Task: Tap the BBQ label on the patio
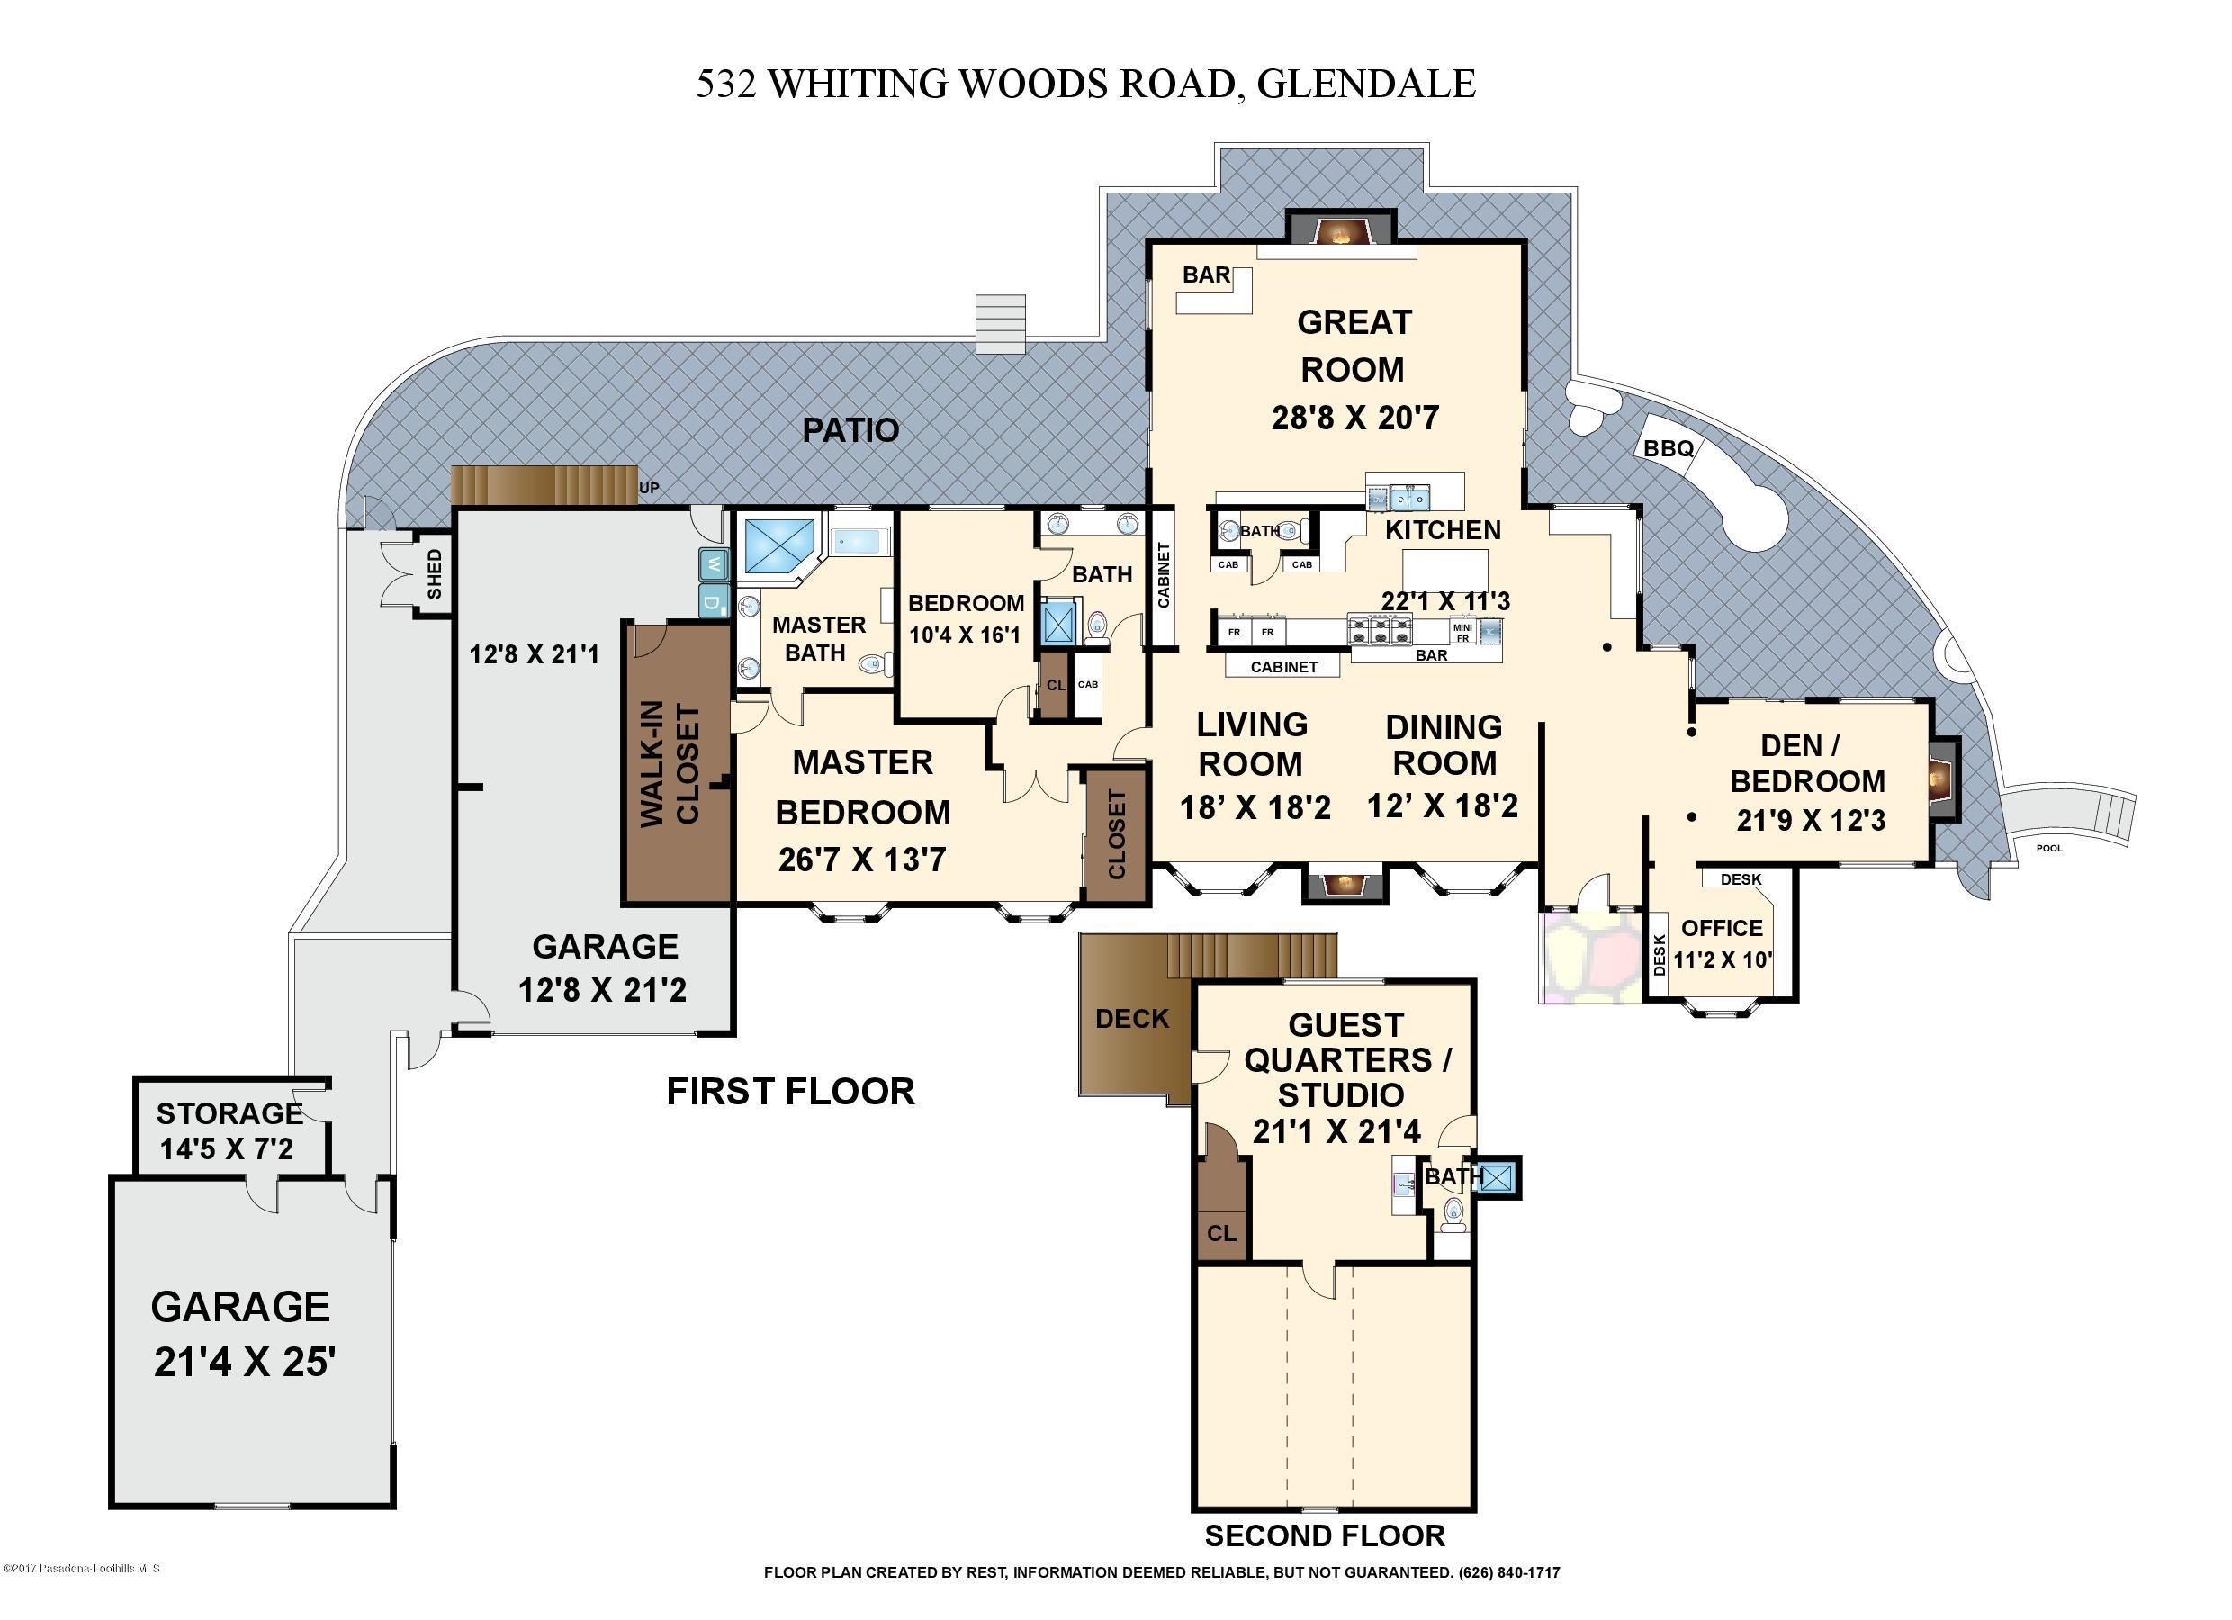[x=1669, y=449]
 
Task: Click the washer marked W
[x=714, y=565]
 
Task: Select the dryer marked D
[x=714, y=599]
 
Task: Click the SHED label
[x=434, y=575]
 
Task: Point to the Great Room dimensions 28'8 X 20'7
[x=1355, y=418]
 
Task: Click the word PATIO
[x=850, y=430]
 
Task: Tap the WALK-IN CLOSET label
[x=670, y=764]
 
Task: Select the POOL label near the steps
[x=2049, y=848]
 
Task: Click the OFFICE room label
[x=1721, y=927]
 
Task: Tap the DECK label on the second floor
[x=1131, y=1019]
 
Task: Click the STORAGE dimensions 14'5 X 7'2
[x=228, y=1148]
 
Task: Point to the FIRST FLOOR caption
[x=790, y=1092]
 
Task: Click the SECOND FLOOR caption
[x=1325, y=1535]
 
